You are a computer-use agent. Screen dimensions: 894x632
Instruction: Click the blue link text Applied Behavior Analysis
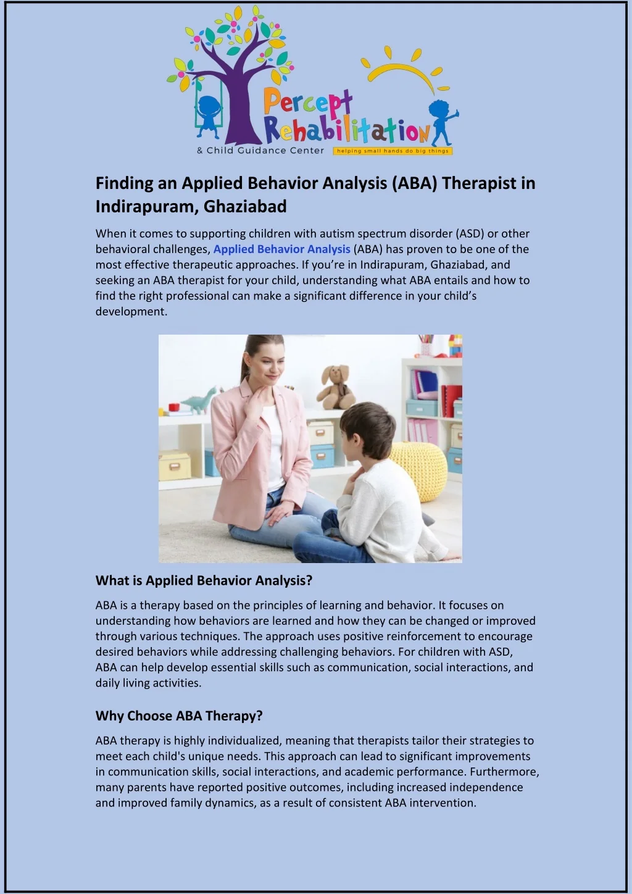(x=281, y=249)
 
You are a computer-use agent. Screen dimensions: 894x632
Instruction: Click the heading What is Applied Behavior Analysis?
(x=204, y=580)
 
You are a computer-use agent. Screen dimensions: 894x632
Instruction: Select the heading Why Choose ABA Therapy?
(x=179, y=716)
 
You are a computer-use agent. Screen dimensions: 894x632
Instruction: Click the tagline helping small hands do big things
(x=393, y=151)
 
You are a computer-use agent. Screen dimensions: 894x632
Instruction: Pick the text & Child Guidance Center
(x=260, y=151)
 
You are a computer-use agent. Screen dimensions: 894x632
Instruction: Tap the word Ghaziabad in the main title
(x=245, y=206)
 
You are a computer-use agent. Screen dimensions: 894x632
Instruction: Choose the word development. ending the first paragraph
(x=131, y=312)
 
